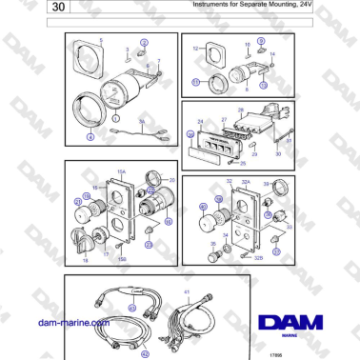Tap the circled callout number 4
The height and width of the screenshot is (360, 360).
tap(90, 138)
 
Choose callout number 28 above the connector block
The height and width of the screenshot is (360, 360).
tap(242, 111)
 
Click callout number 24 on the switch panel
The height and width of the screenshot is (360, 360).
tap(201, 121)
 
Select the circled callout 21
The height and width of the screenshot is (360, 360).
tap(77, 201)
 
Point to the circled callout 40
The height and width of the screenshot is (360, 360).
tap(201, 206)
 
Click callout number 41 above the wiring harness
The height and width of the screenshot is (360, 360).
tap(187, 290)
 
